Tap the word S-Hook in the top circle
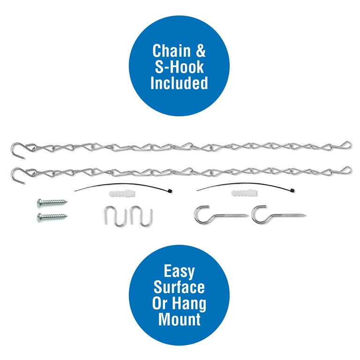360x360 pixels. pos(179,67)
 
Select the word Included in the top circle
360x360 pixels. pos(179,83)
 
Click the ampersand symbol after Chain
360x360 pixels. pos(201,51)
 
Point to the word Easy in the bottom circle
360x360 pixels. pos(179,271)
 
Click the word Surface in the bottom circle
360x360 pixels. pos(179,287)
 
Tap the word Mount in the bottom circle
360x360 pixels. pos(180,319)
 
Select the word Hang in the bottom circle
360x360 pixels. pos(189,304)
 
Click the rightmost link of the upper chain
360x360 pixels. pos(346,145)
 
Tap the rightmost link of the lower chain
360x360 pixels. pos(346,170)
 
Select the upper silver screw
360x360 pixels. pos(52,202)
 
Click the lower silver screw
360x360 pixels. pos(52,217)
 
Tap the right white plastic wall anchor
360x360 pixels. pos(244,194)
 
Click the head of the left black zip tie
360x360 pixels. pos(170,191)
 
